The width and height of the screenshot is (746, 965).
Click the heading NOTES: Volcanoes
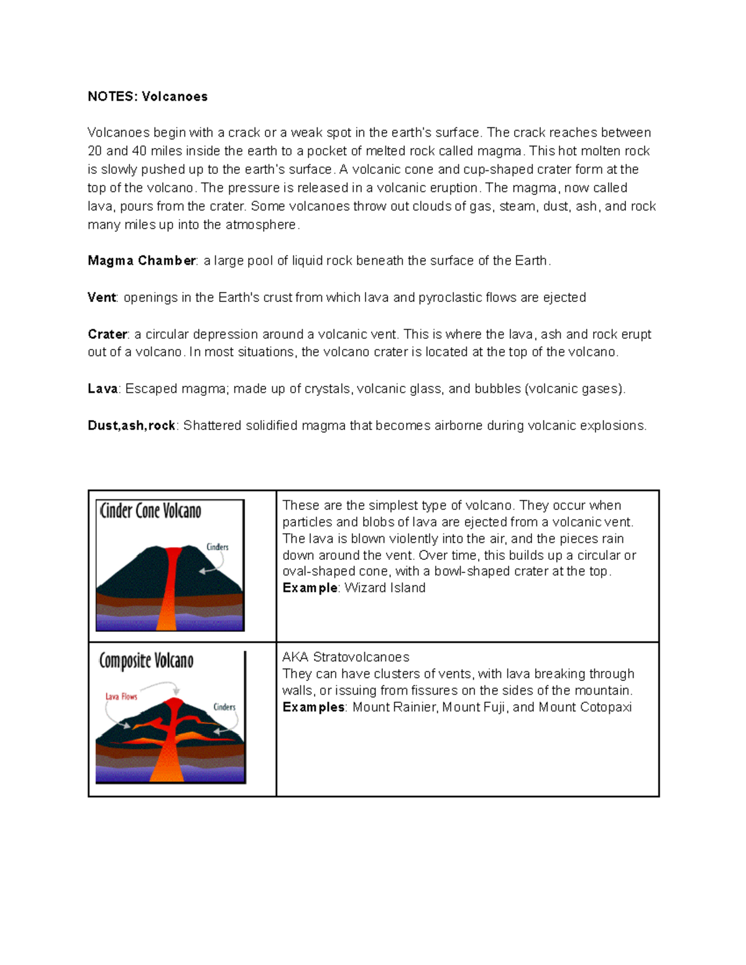pyautogui.click(x=147, y=96)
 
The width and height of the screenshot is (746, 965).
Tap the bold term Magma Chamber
pyautogui.click(x=142, y=260)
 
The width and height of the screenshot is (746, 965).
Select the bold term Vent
pyautogui.click(x=101, y=297)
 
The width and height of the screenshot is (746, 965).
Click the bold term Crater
pyautogui.click(x=107, y=334)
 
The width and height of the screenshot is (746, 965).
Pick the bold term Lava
pyautogui.click(x=103, y=388)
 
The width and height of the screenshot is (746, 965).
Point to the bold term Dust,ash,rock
pyautogui.click(x=131, y=426)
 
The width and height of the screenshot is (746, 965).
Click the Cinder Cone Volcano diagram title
pyautogui.click(x=150, y=511)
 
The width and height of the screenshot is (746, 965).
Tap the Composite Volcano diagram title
pyautogui.click(x=146, y=661)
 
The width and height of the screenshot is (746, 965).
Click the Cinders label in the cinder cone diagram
pyautogui.click(x=217, y=547)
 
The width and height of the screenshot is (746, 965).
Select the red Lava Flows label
pyautogui.click(x=121, y=697)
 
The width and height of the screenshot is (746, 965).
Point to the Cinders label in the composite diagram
pyautogui.click(x=224, y=707)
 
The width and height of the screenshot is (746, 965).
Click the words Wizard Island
pyautogui.click(x=385, y=588)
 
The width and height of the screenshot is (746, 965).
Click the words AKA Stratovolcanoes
pyautogui.click(x=346, y=657)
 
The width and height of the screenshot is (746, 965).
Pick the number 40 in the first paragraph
pyautogui.click(x=139, y=151)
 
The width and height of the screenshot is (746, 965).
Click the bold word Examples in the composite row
pyautogui.click(x=313, y=707)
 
